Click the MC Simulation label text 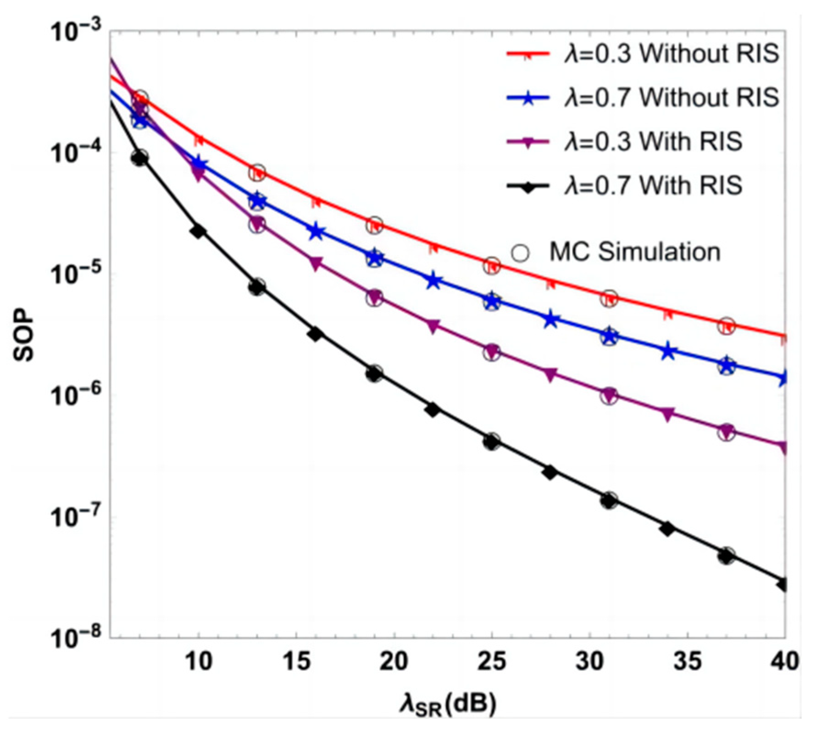(635, 252)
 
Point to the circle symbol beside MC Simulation (520, 253)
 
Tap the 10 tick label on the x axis (198, 662)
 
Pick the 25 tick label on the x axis (491, 662)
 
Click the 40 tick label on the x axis (784, 662)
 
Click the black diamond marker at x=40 (784, 585)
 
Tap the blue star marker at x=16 (316, 232)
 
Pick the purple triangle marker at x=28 (550, 374)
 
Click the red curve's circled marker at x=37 (726, 326)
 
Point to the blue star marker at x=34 (668, 352)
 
